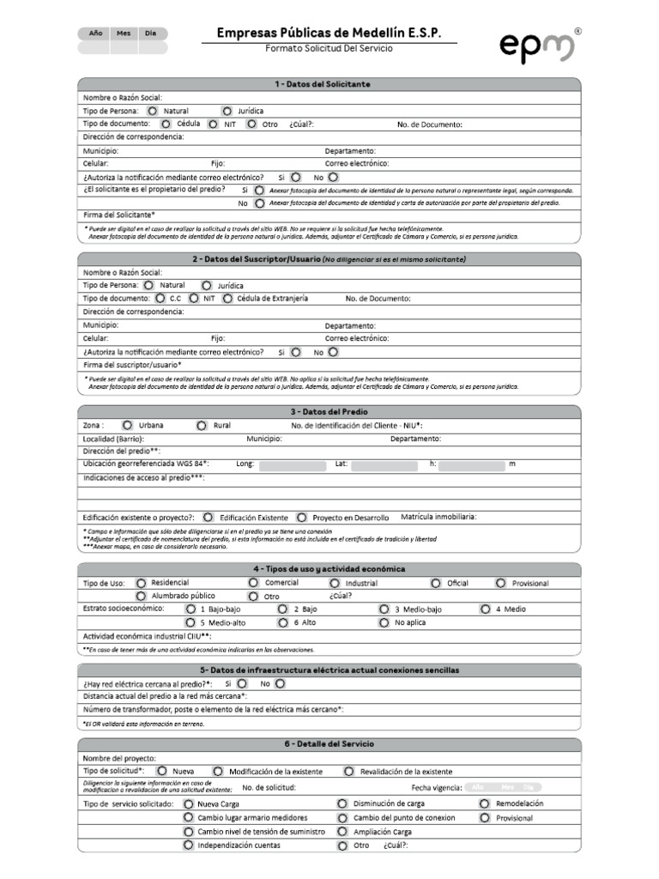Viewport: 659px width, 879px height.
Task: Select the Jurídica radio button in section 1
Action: pos(227,111)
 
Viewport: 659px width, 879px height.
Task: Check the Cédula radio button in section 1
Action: pos(166,124)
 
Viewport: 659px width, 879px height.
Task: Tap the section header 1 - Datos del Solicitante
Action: pos(329,84)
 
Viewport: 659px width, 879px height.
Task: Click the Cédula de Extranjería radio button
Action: pos(227,299)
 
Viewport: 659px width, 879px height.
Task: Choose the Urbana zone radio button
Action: pos(127,425)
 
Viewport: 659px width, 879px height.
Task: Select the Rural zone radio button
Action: pos(202,425)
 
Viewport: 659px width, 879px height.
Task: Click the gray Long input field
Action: pos(293,465)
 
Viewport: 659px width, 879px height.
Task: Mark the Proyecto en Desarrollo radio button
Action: pos(302,518)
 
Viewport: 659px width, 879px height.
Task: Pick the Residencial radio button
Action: pos(142,583)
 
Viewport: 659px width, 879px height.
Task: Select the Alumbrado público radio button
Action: pos(142,596)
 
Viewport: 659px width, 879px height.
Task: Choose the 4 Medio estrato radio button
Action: pos(486,609)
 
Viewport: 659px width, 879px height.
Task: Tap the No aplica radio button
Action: pos(383,622)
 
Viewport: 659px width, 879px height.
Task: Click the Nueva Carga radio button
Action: pos(188,804)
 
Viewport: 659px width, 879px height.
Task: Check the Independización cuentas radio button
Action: pos(188,846)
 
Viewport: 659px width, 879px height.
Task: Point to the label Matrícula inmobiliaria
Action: pos(438,517)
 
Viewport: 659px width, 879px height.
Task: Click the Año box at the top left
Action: pos(96,33)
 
